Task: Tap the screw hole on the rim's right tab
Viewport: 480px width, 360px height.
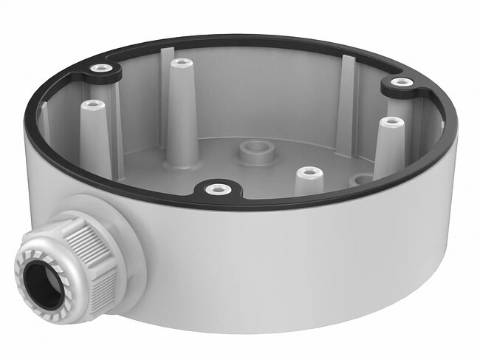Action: [401, 82]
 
